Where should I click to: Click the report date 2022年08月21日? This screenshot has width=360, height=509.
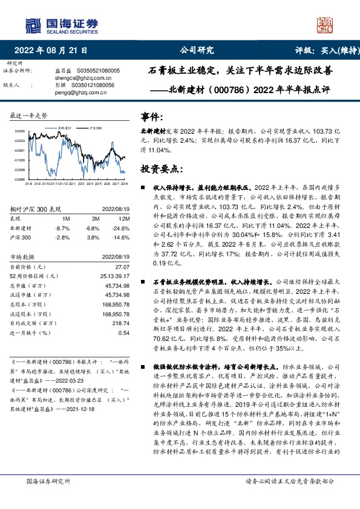[56, 51]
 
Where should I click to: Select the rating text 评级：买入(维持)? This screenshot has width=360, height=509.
[324, 51]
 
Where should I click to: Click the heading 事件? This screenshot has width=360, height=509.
[151, 117]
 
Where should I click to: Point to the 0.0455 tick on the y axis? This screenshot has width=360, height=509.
[20, 131]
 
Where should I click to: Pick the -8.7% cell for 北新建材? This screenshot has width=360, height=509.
[62, 228]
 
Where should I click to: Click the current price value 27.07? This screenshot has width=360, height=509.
[122, 267]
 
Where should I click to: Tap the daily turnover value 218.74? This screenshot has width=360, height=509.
[121, 323]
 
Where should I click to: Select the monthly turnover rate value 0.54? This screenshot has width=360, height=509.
[124, 333]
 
